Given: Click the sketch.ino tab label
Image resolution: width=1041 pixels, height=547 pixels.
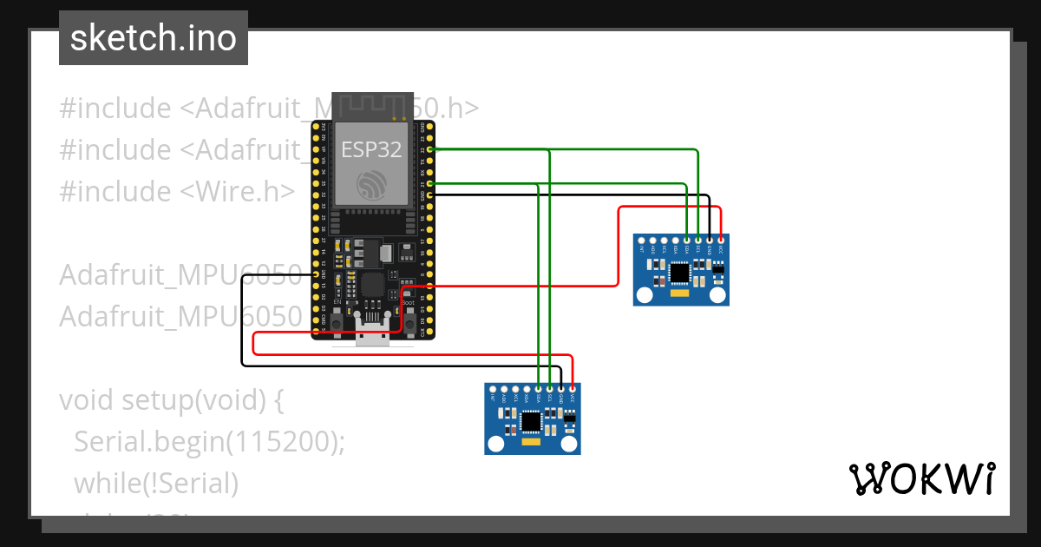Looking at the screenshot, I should click(153, 38).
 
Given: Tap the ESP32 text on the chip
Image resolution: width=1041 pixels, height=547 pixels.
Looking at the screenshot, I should click(371, 149).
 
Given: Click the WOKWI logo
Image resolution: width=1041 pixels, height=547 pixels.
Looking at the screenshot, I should click(921, 478).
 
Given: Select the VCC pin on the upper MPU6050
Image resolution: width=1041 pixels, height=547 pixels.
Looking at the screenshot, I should click(720, 240).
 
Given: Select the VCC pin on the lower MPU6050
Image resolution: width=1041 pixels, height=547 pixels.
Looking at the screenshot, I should click(572, 388).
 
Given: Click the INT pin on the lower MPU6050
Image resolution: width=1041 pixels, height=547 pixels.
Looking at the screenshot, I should click(493, 388).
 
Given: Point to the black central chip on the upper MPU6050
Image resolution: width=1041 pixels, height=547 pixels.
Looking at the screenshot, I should click(680, 273).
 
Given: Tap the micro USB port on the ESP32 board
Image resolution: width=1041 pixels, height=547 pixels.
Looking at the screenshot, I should click(373, 334).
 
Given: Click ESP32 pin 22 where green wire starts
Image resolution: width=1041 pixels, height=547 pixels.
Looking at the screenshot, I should click(431, 149).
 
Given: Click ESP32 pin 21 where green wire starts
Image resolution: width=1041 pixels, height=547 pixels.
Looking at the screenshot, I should click(431, 183).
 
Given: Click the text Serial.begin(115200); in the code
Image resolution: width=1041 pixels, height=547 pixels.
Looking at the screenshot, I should click(209, 442).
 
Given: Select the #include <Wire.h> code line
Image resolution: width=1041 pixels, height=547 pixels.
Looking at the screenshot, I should click(177, 191).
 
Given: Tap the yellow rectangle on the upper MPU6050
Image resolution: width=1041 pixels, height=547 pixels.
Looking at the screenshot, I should click(680, 293).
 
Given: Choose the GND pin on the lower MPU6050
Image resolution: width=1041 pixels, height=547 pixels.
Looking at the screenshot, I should click(560, 388).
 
